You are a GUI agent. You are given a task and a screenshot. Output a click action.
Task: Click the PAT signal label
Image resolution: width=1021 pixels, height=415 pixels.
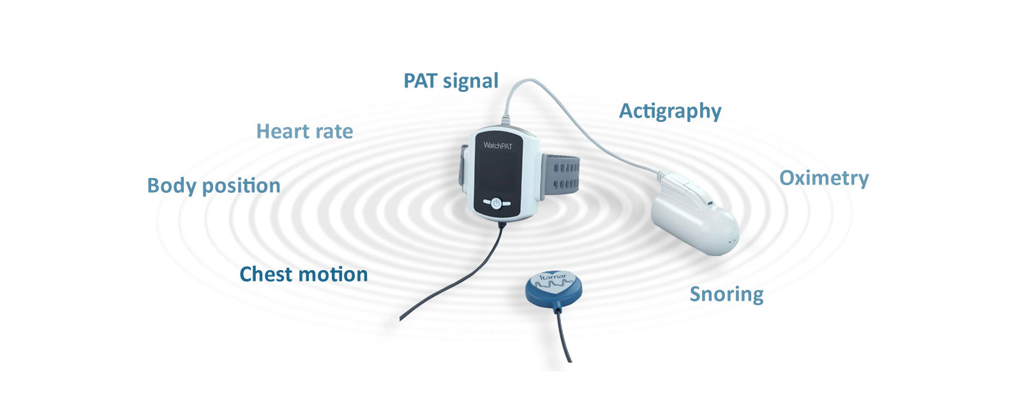pos(451,81)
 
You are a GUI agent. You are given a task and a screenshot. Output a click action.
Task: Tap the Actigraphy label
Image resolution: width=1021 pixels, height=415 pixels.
pos(670,111)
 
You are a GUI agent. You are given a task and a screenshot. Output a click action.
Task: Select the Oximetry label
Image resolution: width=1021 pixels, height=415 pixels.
pos(824,178)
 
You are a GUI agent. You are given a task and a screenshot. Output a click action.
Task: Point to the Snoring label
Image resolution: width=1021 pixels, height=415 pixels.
pos(727,294)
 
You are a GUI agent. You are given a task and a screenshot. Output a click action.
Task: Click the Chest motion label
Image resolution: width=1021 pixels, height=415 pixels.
pos(304,274)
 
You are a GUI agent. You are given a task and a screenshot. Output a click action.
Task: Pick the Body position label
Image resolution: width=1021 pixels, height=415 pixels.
pos(213,186)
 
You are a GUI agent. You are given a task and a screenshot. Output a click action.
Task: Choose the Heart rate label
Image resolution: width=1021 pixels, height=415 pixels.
pos(304,132)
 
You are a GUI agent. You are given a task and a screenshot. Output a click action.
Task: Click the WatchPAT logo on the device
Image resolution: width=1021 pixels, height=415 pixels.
pos(498,146)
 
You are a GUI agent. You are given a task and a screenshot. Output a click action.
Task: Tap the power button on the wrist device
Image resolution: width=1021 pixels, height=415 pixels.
pos(496,204)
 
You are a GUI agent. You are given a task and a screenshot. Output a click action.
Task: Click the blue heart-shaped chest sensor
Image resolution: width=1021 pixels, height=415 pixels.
pos(553,289)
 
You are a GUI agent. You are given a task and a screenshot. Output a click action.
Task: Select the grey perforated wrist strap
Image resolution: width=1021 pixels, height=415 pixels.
pos(561,177)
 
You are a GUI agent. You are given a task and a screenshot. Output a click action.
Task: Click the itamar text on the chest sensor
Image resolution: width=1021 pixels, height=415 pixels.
pos(553,277)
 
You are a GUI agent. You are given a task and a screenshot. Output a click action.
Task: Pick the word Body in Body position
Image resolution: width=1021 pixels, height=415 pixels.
pos(172,186)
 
